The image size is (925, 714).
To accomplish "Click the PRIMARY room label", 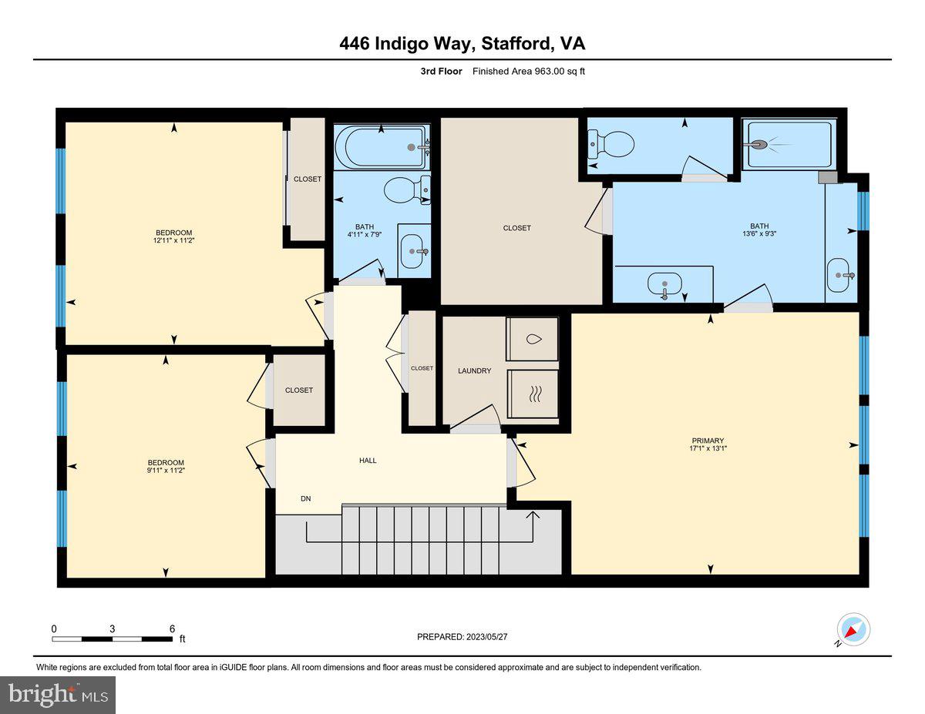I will click(x=707, y=441).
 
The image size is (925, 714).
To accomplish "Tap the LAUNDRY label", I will click(x=474, y=370).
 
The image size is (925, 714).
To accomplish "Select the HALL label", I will click(x=368, y=460).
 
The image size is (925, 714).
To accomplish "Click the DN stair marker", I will click(x=306, y=498).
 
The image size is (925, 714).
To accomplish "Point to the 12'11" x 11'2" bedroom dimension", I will click(x=173, y=241).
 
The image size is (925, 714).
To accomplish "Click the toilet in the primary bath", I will click(x=611, y=143).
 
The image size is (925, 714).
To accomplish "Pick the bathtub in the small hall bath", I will click(x=382, y=146).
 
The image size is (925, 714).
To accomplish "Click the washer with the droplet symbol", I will click(x=532, y=339).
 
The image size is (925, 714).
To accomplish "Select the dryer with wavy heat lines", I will click(x=532, y=394).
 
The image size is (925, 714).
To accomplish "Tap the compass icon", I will click(x=853, y=630).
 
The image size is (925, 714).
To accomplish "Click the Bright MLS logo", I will click(x=58, y=695).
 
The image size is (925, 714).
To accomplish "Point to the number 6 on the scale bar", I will click(x=172, y=629).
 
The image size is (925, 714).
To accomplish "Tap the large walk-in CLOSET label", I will click(x=516, y=228).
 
